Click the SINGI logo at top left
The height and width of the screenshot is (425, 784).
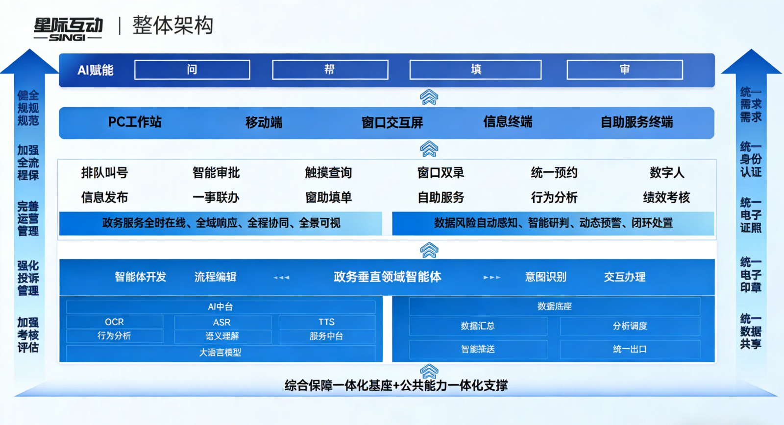click(x=68, y=29)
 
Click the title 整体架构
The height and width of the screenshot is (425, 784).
click(x=173, y=25)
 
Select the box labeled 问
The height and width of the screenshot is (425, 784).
click(x=192, y=70)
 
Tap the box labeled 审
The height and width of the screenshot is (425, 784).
click(x=624, y=70)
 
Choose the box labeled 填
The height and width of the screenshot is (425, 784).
click(x=475, y=70)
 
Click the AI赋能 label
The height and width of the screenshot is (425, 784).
click(x=96, y=71)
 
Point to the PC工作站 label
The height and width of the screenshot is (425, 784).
click(x=135, y=122)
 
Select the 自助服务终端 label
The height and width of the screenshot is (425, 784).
click(x=637, y=122)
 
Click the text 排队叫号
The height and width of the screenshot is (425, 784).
click(x=104, y=173)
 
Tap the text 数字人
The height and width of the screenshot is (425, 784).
click(x=666, y=173)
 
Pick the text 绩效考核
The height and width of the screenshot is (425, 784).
click(x=666, y=197)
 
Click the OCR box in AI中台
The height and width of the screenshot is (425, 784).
click(x=114, y=322)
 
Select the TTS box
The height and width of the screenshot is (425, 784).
click(x=326, y=322)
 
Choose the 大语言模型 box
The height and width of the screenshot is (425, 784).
click(x=220, y=353)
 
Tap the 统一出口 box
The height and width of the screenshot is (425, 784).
click(x=630, y=349)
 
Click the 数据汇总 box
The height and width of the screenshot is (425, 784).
click(x=478, y=326)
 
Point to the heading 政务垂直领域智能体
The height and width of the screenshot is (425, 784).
click(x=387, y=277)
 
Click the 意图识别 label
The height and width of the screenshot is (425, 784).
click(x=545, y=277)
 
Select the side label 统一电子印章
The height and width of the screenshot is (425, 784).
click(x=751, y=275)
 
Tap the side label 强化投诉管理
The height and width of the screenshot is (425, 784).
click(x=28, y=278)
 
